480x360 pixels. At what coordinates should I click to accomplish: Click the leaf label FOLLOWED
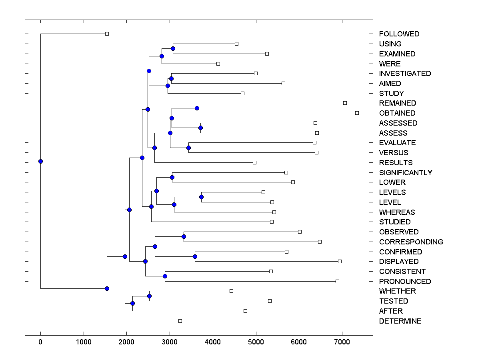click(x=399, y=34)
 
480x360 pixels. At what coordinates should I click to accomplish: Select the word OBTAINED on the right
click(x=397, y=113)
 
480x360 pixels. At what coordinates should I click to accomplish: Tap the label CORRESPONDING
click(x=411, y=242)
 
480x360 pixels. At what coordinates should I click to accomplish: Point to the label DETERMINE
click(x=400, y=321)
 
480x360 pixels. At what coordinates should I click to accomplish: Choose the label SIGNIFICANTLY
click(x=406, y=173)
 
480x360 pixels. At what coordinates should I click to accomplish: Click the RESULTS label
click(x=396, y=163)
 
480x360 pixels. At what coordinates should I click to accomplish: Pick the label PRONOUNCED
click(x=405, y=282)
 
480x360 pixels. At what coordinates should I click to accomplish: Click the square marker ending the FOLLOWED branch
click(x=107, y=34)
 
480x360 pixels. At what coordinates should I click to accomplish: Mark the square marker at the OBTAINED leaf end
click(x=357, y=113)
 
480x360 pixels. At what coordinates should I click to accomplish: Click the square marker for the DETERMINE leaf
click(x=180, y=321)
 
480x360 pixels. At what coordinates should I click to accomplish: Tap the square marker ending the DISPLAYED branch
click(x=340, y=261)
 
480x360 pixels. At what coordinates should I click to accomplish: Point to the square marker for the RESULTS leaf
click(x=254, y=162)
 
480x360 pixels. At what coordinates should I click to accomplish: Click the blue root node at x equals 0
click(x=40, y=162)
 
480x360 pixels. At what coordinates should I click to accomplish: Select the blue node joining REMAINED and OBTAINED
click(x=197, y=108)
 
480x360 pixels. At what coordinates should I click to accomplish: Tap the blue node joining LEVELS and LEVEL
click(x=201, y=197)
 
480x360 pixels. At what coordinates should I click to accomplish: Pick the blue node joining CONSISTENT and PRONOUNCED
click(x=165, y=276)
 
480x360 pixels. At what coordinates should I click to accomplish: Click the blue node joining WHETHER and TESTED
click(x=149, y=296)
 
